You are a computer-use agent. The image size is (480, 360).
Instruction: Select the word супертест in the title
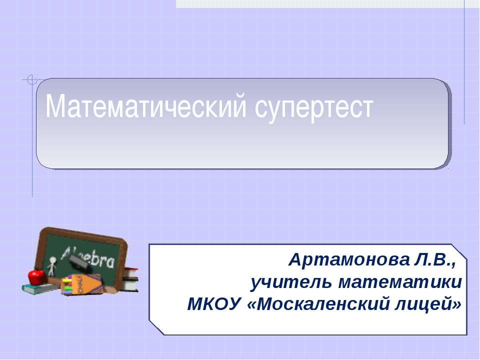[x=314, y=107]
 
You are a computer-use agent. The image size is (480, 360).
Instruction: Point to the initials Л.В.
[x=435, y=260]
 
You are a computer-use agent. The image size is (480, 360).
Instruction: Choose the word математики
[x=400, y=282]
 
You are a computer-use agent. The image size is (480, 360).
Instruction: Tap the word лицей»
[x=429, y=303]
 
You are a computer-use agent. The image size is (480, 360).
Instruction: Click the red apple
[x=36, y=275]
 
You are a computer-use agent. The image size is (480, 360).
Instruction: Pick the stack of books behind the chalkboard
[x=131, y=279]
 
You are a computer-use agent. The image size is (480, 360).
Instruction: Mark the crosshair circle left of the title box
[x=32, y=79]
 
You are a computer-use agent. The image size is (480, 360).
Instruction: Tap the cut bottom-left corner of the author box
[x=156, y=328]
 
